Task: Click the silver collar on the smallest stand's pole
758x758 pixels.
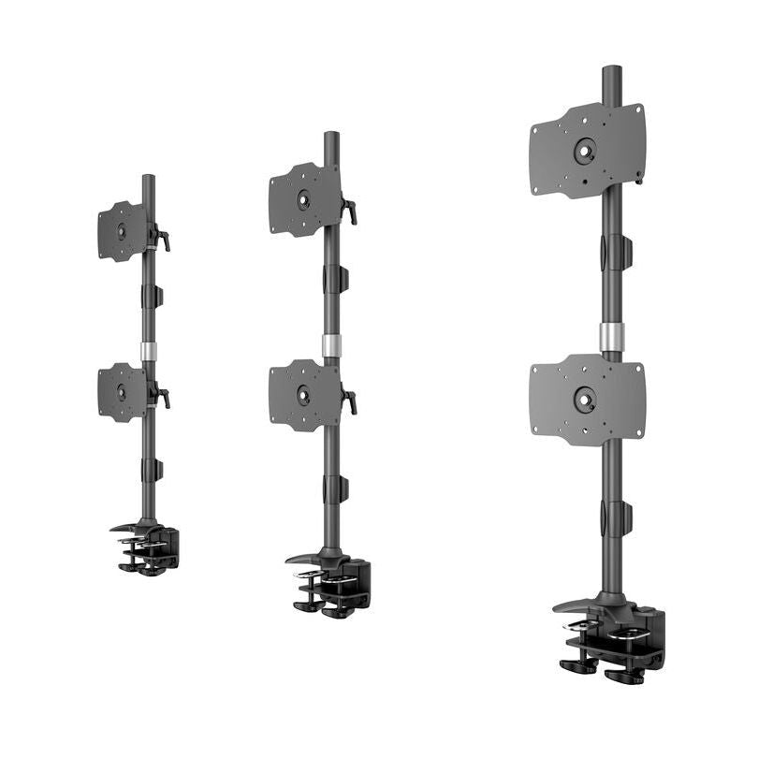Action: coord(148,351)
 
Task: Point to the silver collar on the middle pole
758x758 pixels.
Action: coord(331,345)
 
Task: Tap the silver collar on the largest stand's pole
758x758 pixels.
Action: coord(612,337)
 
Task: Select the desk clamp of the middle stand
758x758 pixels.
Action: coord(331,584)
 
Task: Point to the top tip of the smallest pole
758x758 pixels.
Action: coord(148,178)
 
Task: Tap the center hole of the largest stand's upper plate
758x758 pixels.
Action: coord(585,150)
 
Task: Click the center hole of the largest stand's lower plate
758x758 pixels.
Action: coord(585,401)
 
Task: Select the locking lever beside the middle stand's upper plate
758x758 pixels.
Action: coord(349,211)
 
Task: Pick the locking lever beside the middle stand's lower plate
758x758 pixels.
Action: coord(349,401)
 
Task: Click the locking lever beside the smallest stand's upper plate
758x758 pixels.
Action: coord(163,241)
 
